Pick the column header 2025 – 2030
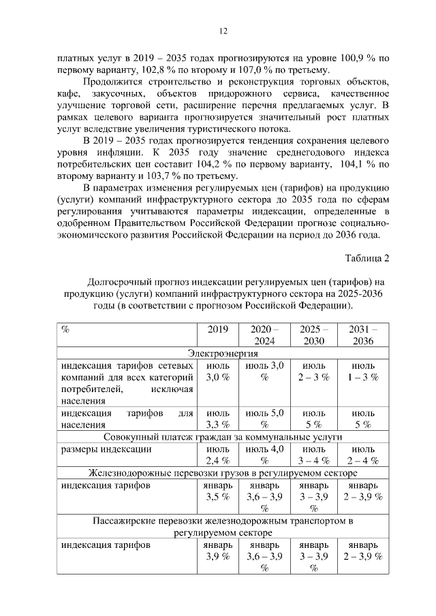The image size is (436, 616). [x=313, y=335]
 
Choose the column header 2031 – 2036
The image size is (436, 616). [x=362, y=335]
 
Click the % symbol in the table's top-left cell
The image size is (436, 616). [x=65, y=329]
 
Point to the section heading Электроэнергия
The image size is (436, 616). [x=222, y=353]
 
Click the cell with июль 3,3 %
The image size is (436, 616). [x=217, y=419]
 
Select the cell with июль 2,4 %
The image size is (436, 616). [x=217, y=455]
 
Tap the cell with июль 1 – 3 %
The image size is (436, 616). [x=362, y=371]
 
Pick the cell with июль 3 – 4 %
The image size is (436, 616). [x=313, y=455]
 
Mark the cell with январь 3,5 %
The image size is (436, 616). [x=217, y=491]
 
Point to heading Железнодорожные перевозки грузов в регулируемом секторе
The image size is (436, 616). [x=222, y=472]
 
